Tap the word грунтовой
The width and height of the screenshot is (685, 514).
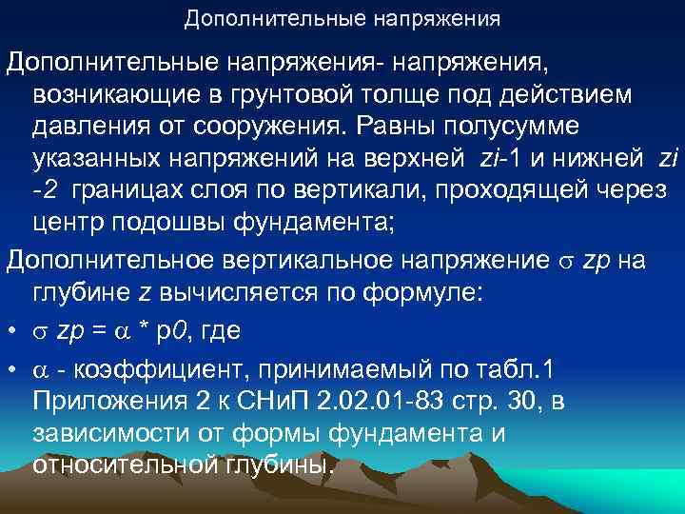tap(301, 95)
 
